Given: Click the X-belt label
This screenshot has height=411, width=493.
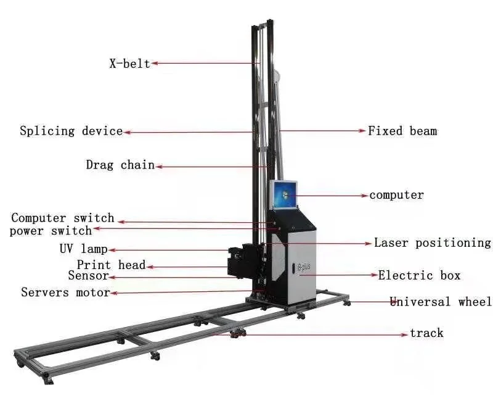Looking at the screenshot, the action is click(x=129, y=63).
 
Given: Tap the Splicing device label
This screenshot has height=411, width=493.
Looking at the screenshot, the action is click(x=71, y=131).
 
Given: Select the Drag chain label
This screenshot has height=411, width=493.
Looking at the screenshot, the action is click(x=120, y=165).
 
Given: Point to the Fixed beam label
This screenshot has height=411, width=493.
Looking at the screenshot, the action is click(x=402, y=131).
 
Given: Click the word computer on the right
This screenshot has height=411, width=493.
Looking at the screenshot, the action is click(x=397, y=195).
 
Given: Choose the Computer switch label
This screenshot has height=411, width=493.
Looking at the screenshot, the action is click(x=63, y=218).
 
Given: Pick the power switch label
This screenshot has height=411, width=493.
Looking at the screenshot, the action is click(x=51, y=231).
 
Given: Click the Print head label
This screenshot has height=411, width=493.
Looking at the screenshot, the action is click(x=111, y=265).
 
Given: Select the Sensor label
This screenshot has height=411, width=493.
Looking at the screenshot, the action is click(x=88, y=276).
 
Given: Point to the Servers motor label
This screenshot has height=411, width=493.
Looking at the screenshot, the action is click(x=65, y=292).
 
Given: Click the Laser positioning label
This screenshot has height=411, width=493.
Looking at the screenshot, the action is click(x=432, y=243).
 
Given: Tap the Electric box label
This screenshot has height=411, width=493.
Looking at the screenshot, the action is click(x=419, y=275).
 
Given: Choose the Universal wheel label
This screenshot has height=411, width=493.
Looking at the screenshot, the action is click(x=441, y=302).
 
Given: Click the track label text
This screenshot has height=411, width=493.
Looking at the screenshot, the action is click(x=426, y=333).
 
